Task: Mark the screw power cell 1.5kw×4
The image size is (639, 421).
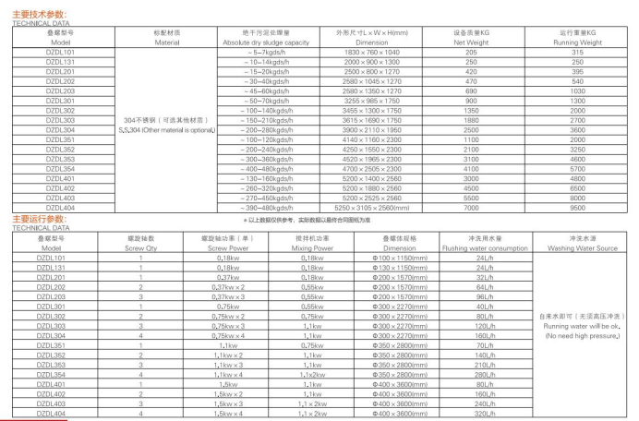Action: point(222,413)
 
